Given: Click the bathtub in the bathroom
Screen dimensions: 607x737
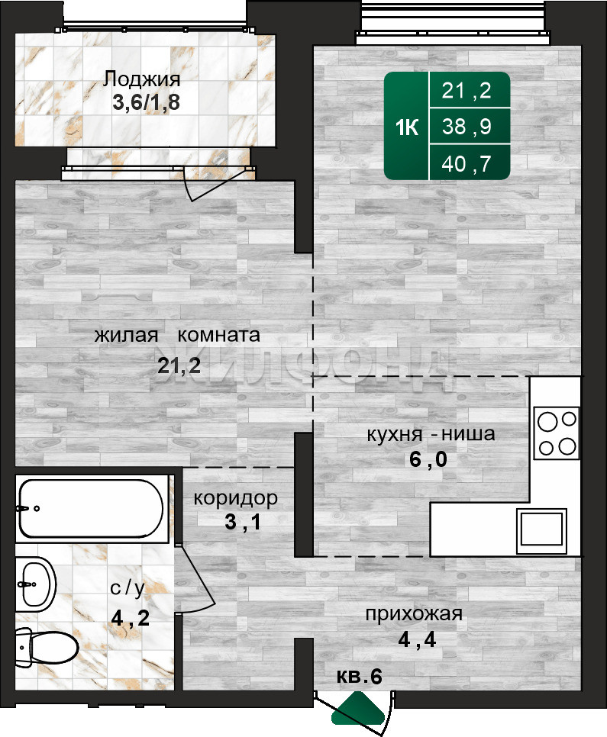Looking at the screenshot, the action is [x=92, y=509].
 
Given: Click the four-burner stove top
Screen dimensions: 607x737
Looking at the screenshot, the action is [x=557, y=433].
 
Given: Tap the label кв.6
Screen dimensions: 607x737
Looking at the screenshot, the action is [x=360, y=677].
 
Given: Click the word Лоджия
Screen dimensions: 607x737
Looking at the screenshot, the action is [x=142, y=79].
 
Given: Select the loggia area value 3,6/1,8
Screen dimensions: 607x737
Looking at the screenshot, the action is [x=146, y=102].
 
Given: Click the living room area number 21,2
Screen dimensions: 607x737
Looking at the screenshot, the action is [x=179, y=365].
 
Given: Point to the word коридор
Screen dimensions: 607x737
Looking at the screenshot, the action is [x=236, y=498].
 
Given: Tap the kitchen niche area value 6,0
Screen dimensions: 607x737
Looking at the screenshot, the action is [x=428, y=459].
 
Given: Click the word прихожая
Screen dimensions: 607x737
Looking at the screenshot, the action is [x=414, y=614].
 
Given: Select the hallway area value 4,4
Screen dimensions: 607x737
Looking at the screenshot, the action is [x=417, y=639].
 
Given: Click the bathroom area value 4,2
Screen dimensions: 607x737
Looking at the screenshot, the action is [x=131, y=617].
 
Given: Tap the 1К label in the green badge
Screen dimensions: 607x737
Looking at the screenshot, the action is [x=407, y=127].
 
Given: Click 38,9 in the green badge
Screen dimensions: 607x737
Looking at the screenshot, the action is [x=467, y=127].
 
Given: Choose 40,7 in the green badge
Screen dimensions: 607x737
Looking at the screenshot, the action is [x=467, y=164].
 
